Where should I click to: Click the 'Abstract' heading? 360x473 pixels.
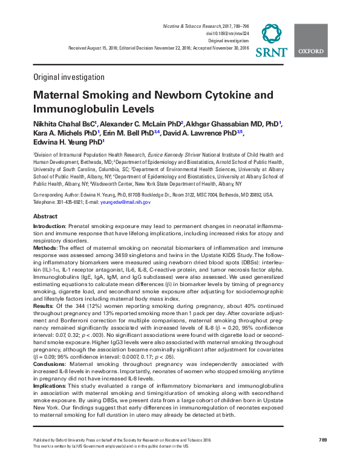45,217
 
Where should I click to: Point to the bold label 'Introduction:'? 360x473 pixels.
49,226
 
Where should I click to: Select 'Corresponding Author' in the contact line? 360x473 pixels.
56,195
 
